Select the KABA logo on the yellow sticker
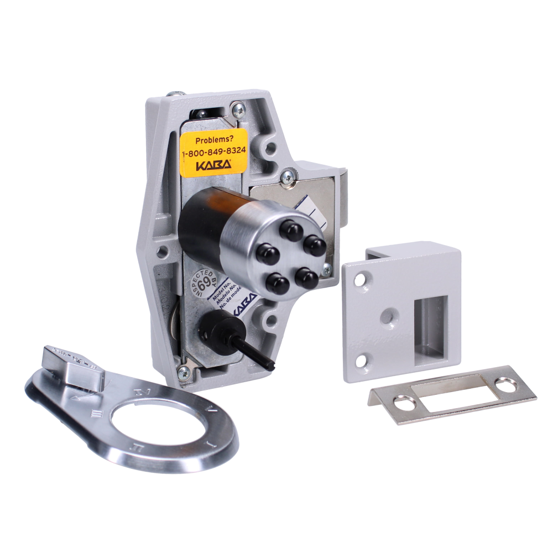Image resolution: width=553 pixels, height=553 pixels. point(212,165)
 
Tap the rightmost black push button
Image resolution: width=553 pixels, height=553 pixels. point(315,244)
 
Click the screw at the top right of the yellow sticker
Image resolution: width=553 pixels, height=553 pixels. point(237,111)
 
